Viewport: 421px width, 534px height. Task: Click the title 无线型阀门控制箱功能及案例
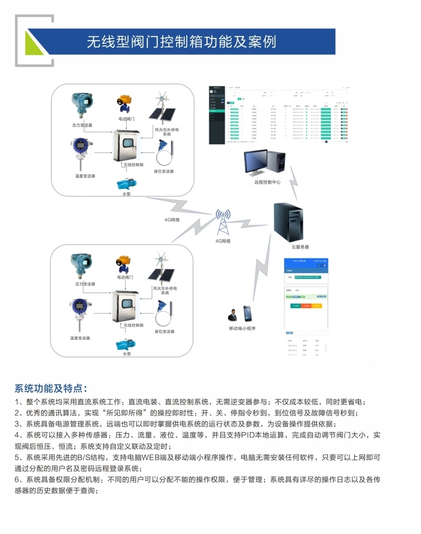coord(181,42)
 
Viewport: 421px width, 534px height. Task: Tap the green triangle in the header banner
coord(33,45)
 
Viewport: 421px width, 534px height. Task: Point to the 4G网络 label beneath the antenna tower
coord(223,241)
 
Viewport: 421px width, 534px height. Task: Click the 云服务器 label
coord(300,247)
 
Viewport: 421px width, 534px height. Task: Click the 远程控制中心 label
coord(267,182)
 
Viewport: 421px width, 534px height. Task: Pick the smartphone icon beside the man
coord(248,314)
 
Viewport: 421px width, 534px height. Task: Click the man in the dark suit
coord(233,315)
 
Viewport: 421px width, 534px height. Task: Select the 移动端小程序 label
coord(242,329)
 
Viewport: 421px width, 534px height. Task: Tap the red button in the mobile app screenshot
coord(306,306)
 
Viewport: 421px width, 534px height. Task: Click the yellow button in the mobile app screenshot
coord(317,306)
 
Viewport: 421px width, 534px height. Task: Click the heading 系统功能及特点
coord(50,388)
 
